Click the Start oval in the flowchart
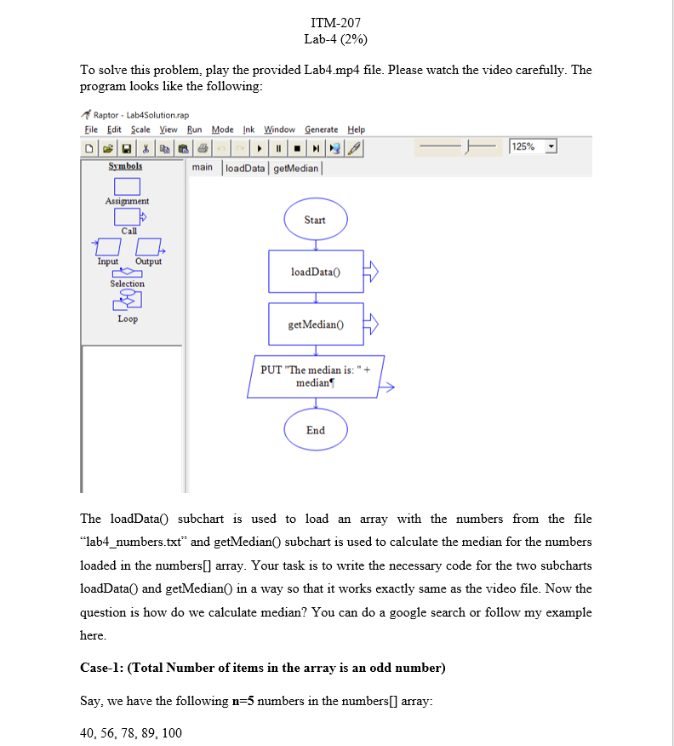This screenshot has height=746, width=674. click(x=315, y=220)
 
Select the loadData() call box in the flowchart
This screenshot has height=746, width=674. click(x=316, y=272)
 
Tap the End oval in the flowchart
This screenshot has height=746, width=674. click(x=315, y=430)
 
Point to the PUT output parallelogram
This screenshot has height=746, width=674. click(x=316, y=376)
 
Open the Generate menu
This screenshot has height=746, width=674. click(x=322, y=129)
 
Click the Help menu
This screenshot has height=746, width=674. click(x=356, y=129)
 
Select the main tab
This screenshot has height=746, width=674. click(x=203, y=168)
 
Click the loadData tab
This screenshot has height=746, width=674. click(x=244, y=168)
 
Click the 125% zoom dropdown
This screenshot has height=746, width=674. click(x=534, y=147)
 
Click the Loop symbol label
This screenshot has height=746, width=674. click(x=128, y=318)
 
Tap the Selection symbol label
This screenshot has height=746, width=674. click(x=127, y=284)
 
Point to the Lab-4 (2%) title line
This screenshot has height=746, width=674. click(x=336, y=39)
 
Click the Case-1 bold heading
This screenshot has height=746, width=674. click(x=262, y=668)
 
